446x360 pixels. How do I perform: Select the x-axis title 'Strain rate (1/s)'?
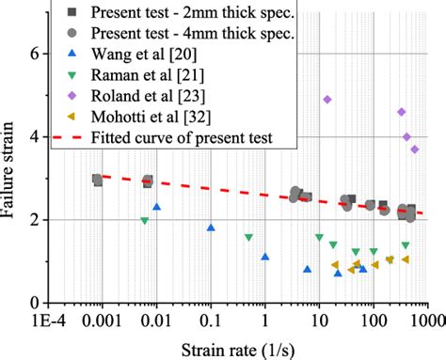tap(240, 349)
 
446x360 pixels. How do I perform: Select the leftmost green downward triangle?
tap(144, 221)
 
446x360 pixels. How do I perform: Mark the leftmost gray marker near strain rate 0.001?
tap(97, 180)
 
